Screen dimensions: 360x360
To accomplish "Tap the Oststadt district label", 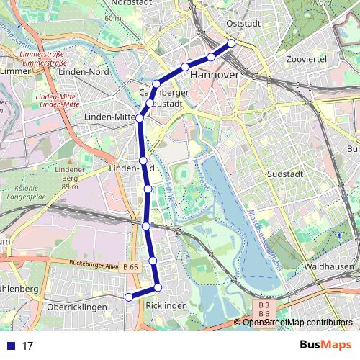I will pos(243,23).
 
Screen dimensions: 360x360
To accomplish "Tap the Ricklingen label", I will pos(166,306).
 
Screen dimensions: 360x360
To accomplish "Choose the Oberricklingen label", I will pos(76,307).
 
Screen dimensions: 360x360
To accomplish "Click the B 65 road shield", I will pos(130,267).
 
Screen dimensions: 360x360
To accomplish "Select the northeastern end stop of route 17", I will pos(232,43).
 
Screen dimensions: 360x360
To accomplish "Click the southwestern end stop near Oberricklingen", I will pos(129,297).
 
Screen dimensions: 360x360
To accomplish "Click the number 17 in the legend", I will pos(27,346).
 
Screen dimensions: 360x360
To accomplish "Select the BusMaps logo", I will pos(325,345).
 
